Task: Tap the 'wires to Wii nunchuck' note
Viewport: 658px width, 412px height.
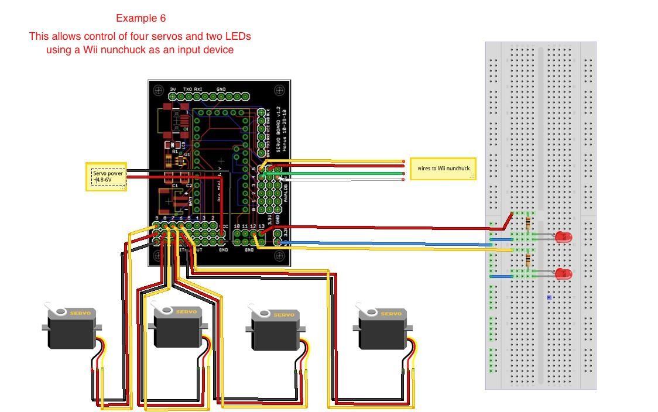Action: tap(443, 169)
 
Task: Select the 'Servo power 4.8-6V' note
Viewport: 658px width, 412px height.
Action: tap(108, 176)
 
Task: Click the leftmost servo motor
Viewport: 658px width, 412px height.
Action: tap(71, 329)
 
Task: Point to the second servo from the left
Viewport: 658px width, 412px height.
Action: tap(178, 327)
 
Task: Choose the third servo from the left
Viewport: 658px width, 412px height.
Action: tap(275, 329)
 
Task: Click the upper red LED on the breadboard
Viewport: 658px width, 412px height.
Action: tap(563, 237)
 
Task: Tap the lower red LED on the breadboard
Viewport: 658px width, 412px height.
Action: tap(563, 273)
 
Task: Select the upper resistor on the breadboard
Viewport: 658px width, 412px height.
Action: tap(530, 224)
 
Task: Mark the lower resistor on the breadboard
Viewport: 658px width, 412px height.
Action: tap(529, 260)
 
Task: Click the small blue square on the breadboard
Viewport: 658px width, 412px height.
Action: tap(549, 298)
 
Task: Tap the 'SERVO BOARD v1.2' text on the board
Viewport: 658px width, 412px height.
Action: tap(279, 122)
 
